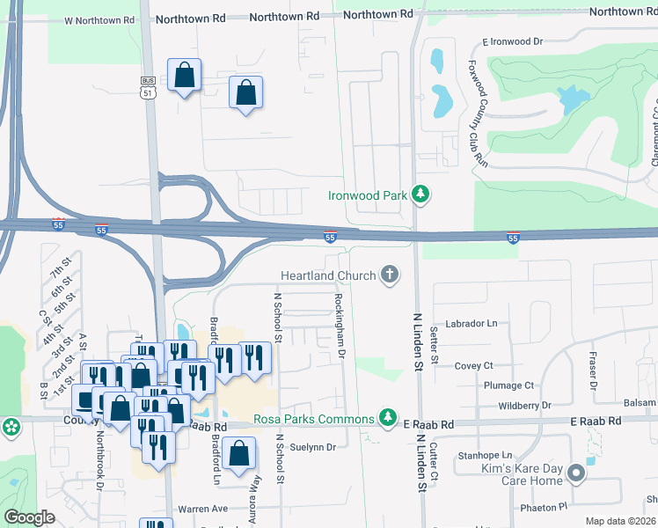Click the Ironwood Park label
(x=368, y=195)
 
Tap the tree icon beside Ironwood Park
(x=420, y=194)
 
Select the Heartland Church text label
(x=328, y=276)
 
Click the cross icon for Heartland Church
(x=389, y=276)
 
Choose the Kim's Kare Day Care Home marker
(x=576, y=474)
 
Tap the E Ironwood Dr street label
(x=515, y=41)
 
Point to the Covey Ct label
(x=473, y=365)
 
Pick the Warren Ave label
(x=202, y=509)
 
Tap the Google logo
(x=29, y=517)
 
